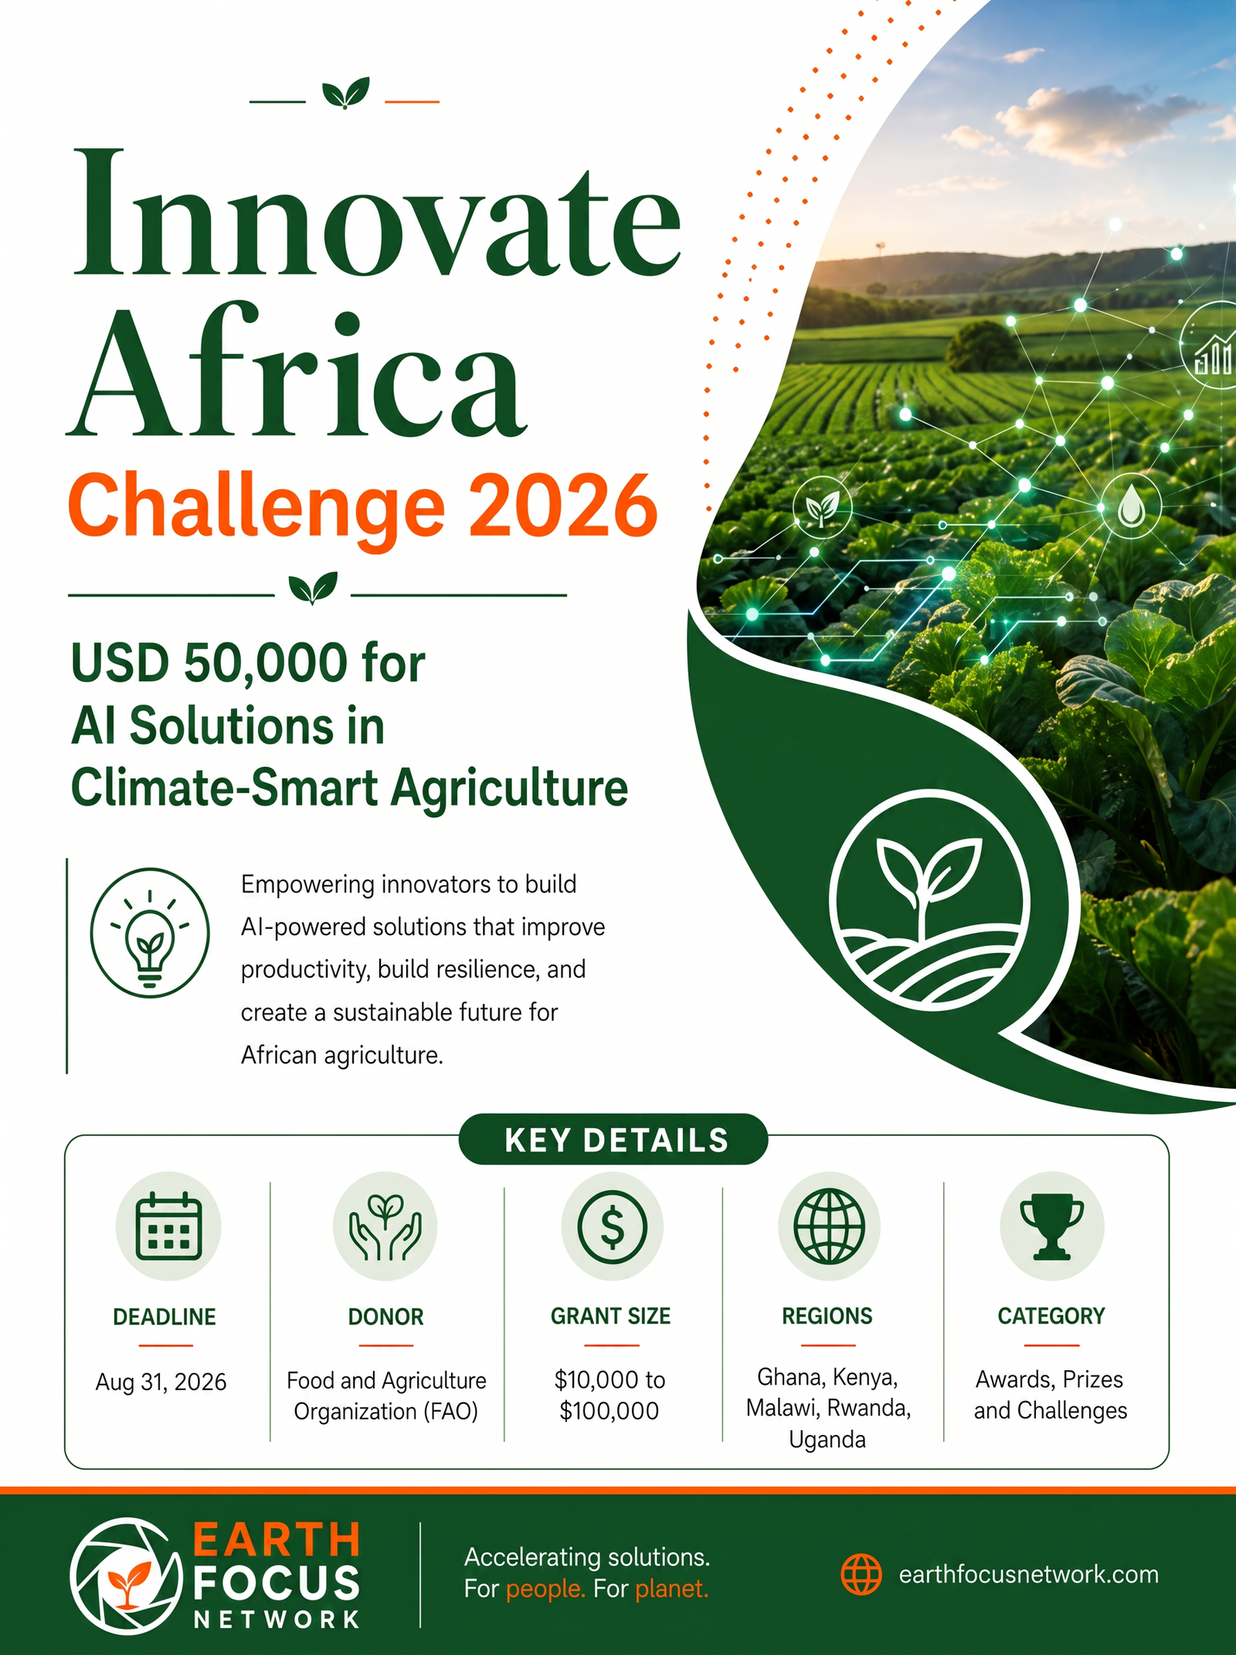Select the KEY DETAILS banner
coord(613,1140)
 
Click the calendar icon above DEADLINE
coord(168,1226)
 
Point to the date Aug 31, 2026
coord(161,1382)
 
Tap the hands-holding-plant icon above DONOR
coord(385,1227)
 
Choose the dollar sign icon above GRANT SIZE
coord(612,1227)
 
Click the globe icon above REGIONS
coord(829,1226)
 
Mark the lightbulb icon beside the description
coord(150,932)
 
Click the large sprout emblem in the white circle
coord(930,900)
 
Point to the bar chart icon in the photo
coord(1212,355)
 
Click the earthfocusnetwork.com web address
coord(1028,1575)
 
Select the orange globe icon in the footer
coord(861,1575)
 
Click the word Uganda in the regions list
coord(827,1440)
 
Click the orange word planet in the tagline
coord(672,1589)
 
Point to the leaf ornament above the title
coord(345,93)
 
